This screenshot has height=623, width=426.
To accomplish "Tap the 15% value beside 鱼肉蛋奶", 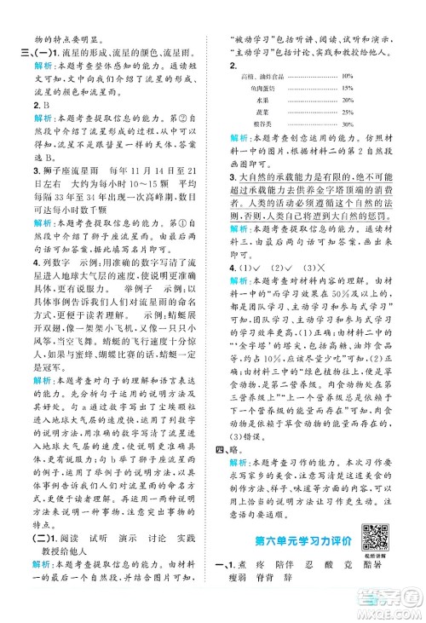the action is click(347, 89).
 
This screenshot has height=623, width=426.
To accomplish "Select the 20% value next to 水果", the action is click(347, 100).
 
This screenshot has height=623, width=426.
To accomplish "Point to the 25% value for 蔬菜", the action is click(347, 111).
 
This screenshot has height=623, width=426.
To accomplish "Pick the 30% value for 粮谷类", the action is click(347, 123).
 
